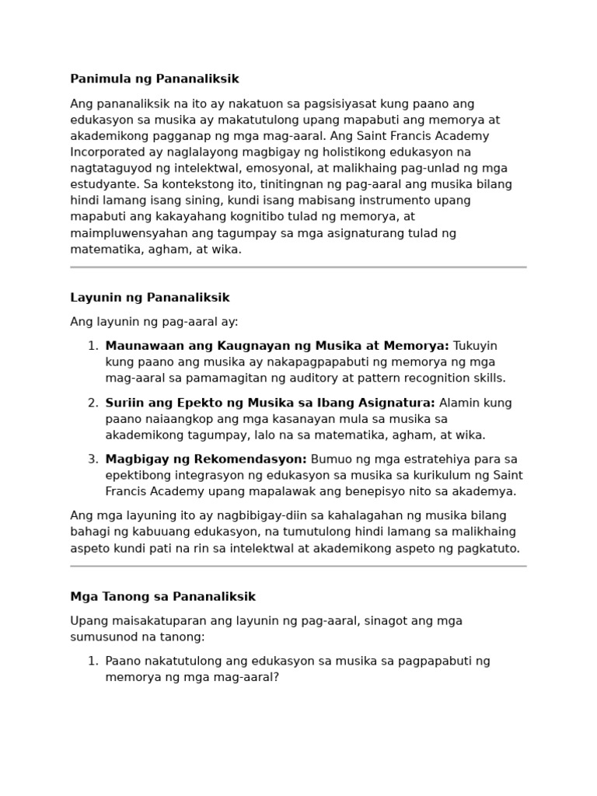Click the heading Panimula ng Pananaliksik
155,79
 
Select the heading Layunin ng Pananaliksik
150,298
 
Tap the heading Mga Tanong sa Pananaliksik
162,597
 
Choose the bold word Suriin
123,403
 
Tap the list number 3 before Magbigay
93,459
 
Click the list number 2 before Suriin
93,403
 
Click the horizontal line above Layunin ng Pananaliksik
298,267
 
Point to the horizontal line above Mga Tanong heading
298,566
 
